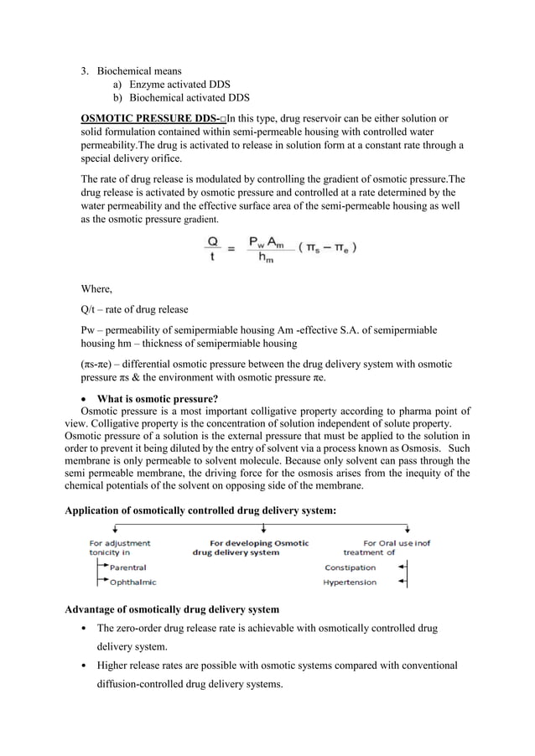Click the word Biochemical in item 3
point(125,70)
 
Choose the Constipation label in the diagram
point(350,567)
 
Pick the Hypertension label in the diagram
point(350,583)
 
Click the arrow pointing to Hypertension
point(403,583)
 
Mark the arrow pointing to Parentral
point(102,567)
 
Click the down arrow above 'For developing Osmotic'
point(264,528)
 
